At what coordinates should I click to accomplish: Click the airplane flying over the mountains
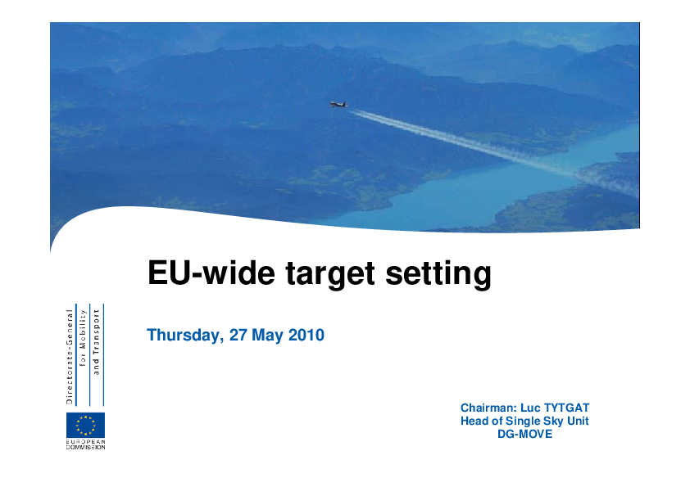338,104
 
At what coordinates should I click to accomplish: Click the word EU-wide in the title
211,273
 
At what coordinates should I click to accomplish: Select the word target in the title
330,274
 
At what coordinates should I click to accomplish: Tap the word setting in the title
438,274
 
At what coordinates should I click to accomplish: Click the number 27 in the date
238,335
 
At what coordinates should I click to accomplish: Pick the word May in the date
267,336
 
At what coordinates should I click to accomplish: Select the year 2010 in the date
306,335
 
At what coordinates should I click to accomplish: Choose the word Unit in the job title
578,421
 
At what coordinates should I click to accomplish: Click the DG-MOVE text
525,435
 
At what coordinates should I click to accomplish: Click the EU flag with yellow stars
86,425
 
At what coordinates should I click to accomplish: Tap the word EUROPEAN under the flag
86,442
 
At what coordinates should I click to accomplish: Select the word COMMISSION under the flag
86,448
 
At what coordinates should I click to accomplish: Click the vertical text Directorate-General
69,357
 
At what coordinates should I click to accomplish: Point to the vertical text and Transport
97,342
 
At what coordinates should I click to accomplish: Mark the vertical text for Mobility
83,337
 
